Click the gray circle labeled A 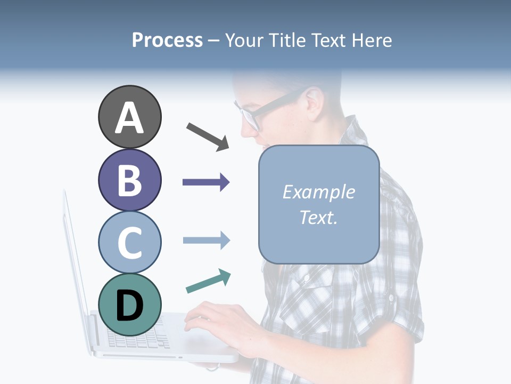point(129,117)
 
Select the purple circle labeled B point(129,180)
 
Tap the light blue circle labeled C point(129,242)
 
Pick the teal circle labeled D point(129,305)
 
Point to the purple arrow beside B point(206,182)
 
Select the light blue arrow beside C point(206,240)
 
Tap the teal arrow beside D point(208,282)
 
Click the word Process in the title point(167,40)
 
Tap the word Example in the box point(319,192)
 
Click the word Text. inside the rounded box point(319,217)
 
